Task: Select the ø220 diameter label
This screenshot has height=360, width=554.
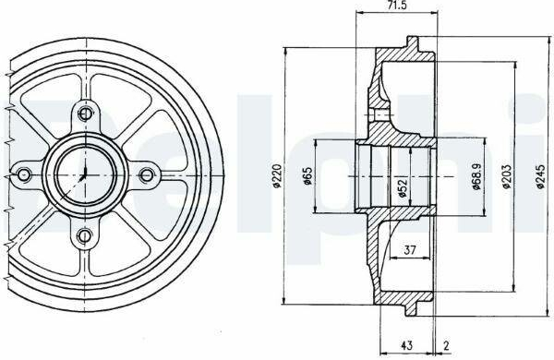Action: (x=277, y=176)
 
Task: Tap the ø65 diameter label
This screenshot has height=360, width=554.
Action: (x=307, y=176)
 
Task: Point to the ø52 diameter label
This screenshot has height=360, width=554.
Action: (x=403, y=188)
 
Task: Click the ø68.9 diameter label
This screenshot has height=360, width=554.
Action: (x=476, y=176)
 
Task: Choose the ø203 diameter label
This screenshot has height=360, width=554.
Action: (x=506, y=176)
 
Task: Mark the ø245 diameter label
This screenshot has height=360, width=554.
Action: (x=540, y=176)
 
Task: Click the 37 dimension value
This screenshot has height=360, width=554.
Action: (x=409, y=250)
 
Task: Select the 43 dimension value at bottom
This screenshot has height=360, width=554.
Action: (x=407, y=345)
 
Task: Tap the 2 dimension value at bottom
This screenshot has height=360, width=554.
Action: (x=446, y=346)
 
